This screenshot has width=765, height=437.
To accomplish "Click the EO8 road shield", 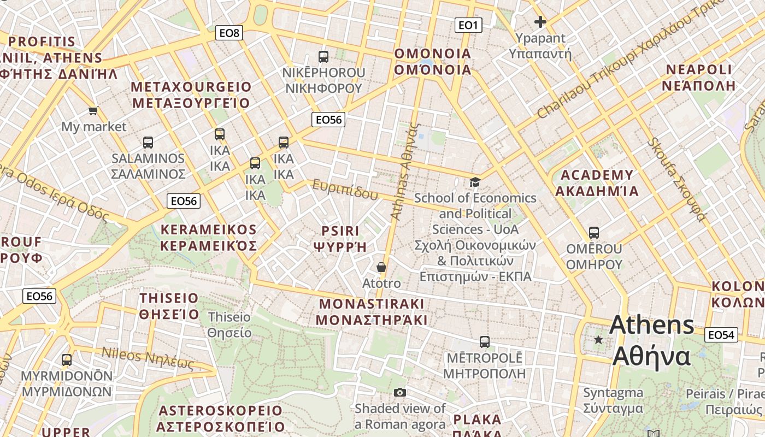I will pos(229,33).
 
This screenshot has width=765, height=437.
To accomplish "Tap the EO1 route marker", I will pos(468,25).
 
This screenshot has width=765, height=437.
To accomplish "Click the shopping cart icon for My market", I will pos(93,110).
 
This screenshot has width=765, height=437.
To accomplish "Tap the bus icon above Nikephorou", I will pos(323,56).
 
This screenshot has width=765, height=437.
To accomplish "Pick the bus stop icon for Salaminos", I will pos(148,143).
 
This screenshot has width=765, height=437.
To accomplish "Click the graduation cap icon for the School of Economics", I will pos(475,182).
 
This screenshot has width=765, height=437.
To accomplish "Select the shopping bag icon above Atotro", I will pos(381,267).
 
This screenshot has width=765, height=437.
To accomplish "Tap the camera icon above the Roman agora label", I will pos(400,392).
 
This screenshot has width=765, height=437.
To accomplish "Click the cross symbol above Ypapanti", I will pos(540,22).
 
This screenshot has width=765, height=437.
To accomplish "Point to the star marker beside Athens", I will pos(599,340).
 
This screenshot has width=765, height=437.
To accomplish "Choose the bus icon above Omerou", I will pos(594,233).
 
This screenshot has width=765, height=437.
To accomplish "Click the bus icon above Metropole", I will pos(484,342).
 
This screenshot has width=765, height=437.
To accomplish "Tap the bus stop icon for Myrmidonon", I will pos(67,360).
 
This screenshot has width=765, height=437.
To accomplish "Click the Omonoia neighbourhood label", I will pos(433,62).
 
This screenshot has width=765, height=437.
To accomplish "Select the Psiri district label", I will pos(340,239).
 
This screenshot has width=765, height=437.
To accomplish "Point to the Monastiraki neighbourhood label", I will pos(372,312).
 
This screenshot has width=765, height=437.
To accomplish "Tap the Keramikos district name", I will pos(208,238).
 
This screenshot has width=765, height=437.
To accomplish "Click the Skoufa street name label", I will pos(677,180).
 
